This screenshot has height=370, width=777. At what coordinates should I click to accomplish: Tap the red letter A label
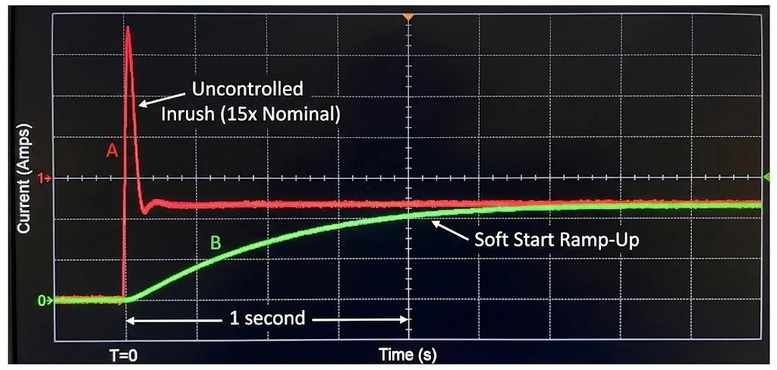coord(112,152)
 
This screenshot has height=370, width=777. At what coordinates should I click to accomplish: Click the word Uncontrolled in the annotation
coord(247,89)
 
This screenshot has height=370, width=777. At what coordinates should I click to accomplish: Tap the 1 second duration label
coord(267,318)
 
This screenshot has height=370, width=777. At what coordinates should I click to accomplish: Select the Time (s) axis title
coord(408,354)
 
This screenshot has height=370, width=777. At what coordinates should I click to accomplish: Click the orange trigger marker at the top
coord(408,16)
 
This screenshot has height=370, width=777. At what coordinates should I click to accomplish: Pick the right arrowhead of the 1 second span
coord(405,319)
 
